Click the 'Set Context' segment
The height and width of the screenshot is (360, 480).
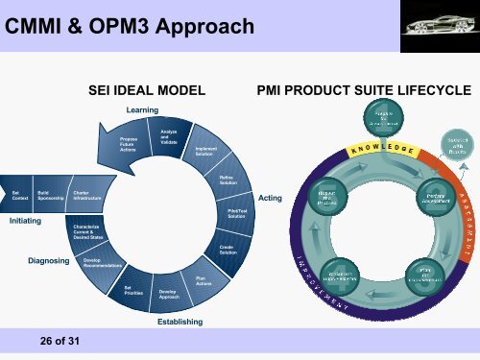pos(14,195)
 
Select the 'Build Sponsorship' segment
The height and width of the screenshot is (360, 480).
pos(47,195)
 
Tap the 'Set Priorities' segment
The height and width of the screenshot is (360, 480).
pos(133,288)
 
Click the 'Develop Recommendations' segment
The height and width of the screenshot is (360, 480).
pos(100,262)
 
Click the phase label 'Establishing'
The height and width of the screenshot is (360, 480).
pos(180,322)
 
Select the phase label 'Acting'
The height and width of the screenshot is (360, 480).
pos(270,198)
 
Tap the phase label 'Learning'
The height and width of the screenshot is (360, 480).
pos(142,110)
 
